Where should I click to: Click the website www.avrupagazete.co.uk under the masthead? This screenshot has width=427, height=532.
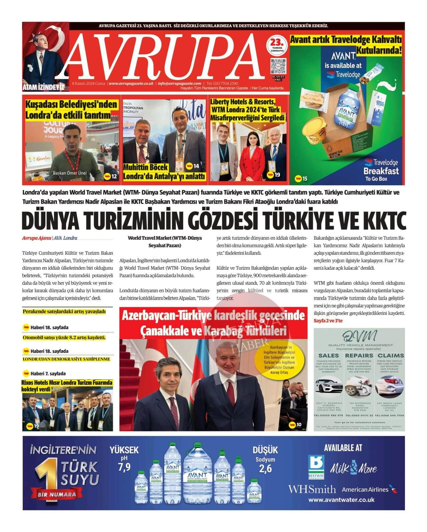click(x=131, y=83)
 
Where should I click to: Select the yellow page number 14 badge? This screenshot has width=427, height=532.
click(x=192, y=166)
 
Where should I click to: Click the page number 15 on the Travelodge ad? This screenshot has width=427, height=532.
click(x=301, y=179)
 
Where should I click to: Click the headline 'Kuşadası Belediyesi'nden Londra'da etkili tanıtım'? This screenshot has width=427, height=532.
click(x=71, y=110)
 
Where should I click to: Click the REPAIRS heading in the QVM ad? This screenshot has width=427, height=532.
click(x=359, y=355)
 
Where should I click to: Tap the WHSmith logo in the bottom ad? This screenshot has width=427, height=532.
click(x=312, y=489)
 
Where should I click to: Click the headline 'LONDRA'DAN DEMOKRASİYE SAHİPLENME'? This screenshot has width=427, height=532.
click(x=66, y=359)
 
